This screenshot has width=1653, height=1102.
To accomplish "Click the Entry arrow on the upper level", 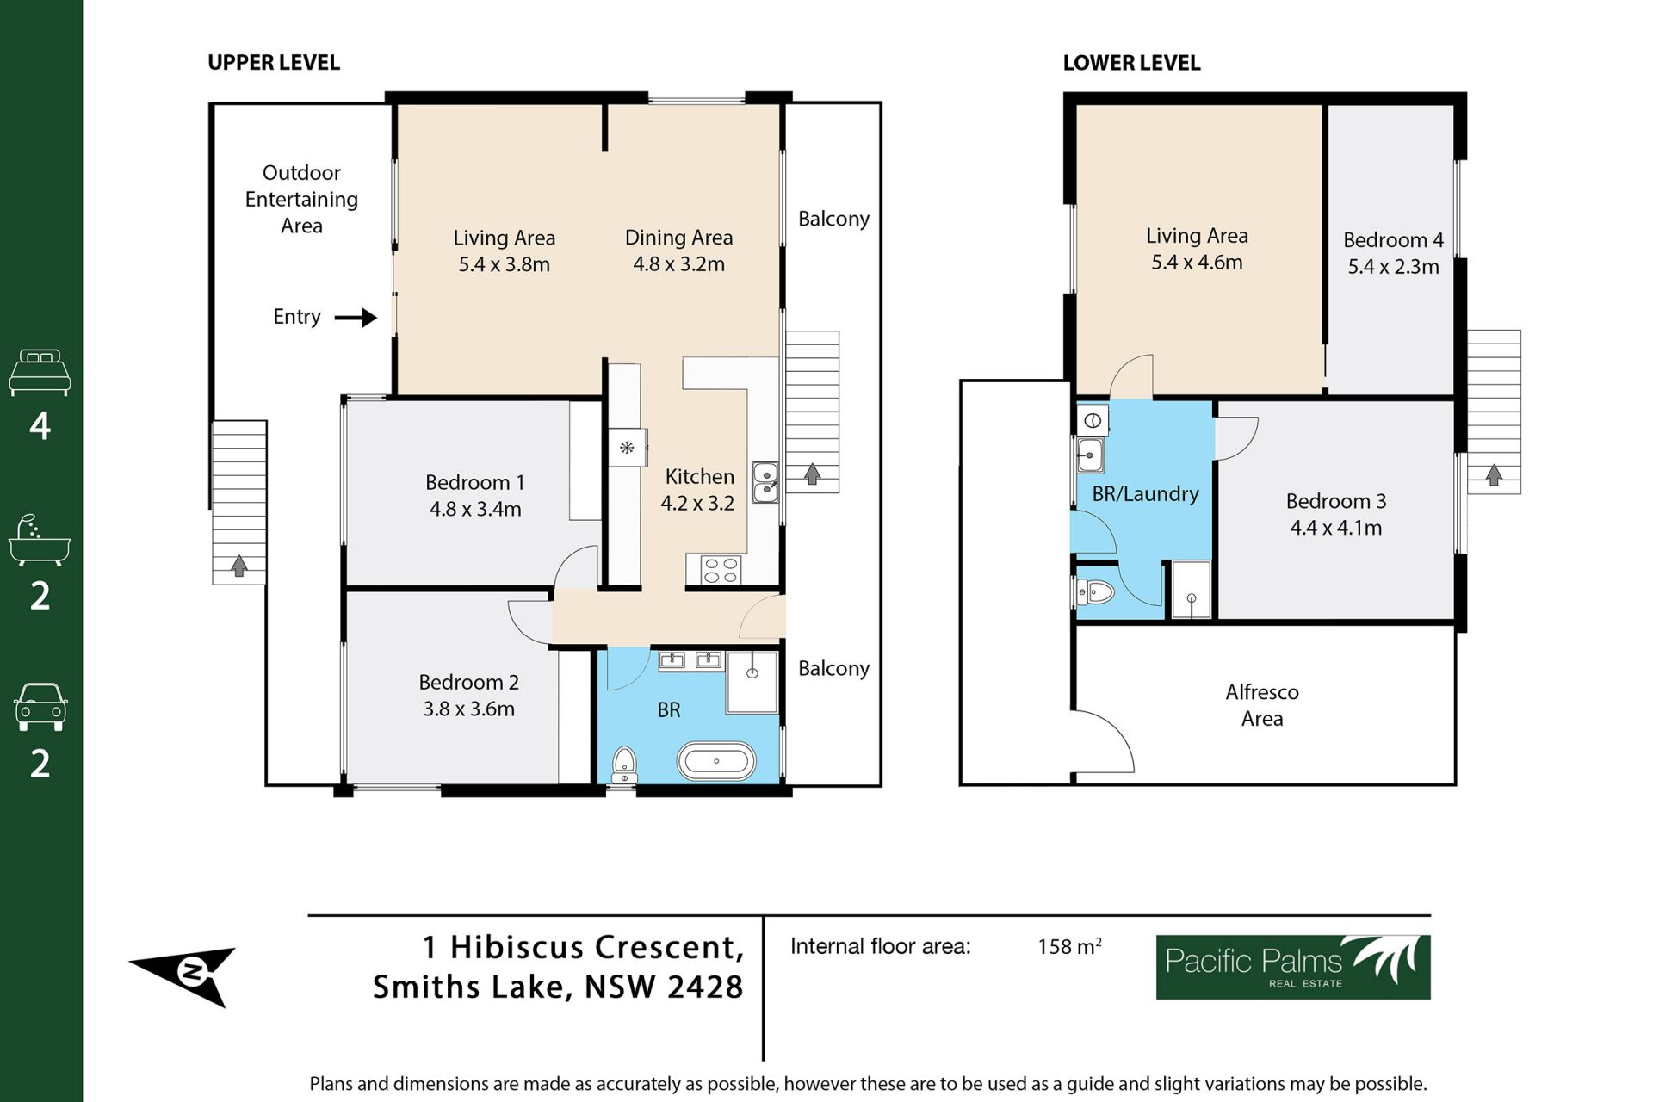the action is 356,318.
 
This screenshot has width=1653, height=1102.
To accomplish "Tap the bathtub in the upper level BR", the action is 716,762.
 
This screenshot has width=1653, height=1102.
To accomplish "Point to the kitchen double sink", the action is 765,482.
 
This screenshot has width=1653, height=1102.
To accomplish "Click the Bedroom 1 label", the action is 474,482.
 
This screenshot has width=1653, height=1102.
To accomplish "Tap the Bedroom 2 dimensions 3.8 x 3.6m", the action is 469,709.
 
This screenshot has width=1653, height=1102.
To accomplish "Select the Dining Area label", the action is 678,238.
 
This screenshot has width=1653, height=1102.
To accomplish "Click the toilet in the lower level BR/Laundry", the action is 1095,591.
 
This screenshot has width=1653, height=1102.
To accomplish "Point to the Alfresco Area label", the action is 1262,705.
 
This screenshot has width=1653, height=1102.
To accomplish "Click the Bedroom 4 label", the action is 1393,239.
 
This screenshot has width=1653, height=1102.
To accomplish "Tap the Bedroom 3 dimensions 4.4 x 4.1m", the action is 1336,528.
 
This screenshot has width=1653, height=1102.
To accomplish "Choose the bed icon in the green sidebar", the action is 40,372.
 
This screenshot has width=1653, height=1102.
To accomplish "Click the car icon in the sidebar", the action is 40,707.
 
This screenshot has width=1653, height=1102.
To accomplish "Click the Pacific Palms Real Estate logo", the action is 1293,967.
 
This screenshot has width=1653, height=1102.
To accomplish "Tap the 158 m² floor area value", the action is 1069,946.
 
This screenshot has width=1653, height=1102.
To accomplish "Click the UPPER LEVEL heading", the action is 274,63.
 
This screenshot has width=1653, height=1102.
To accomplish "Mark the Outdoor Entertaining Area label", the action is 301,200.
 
